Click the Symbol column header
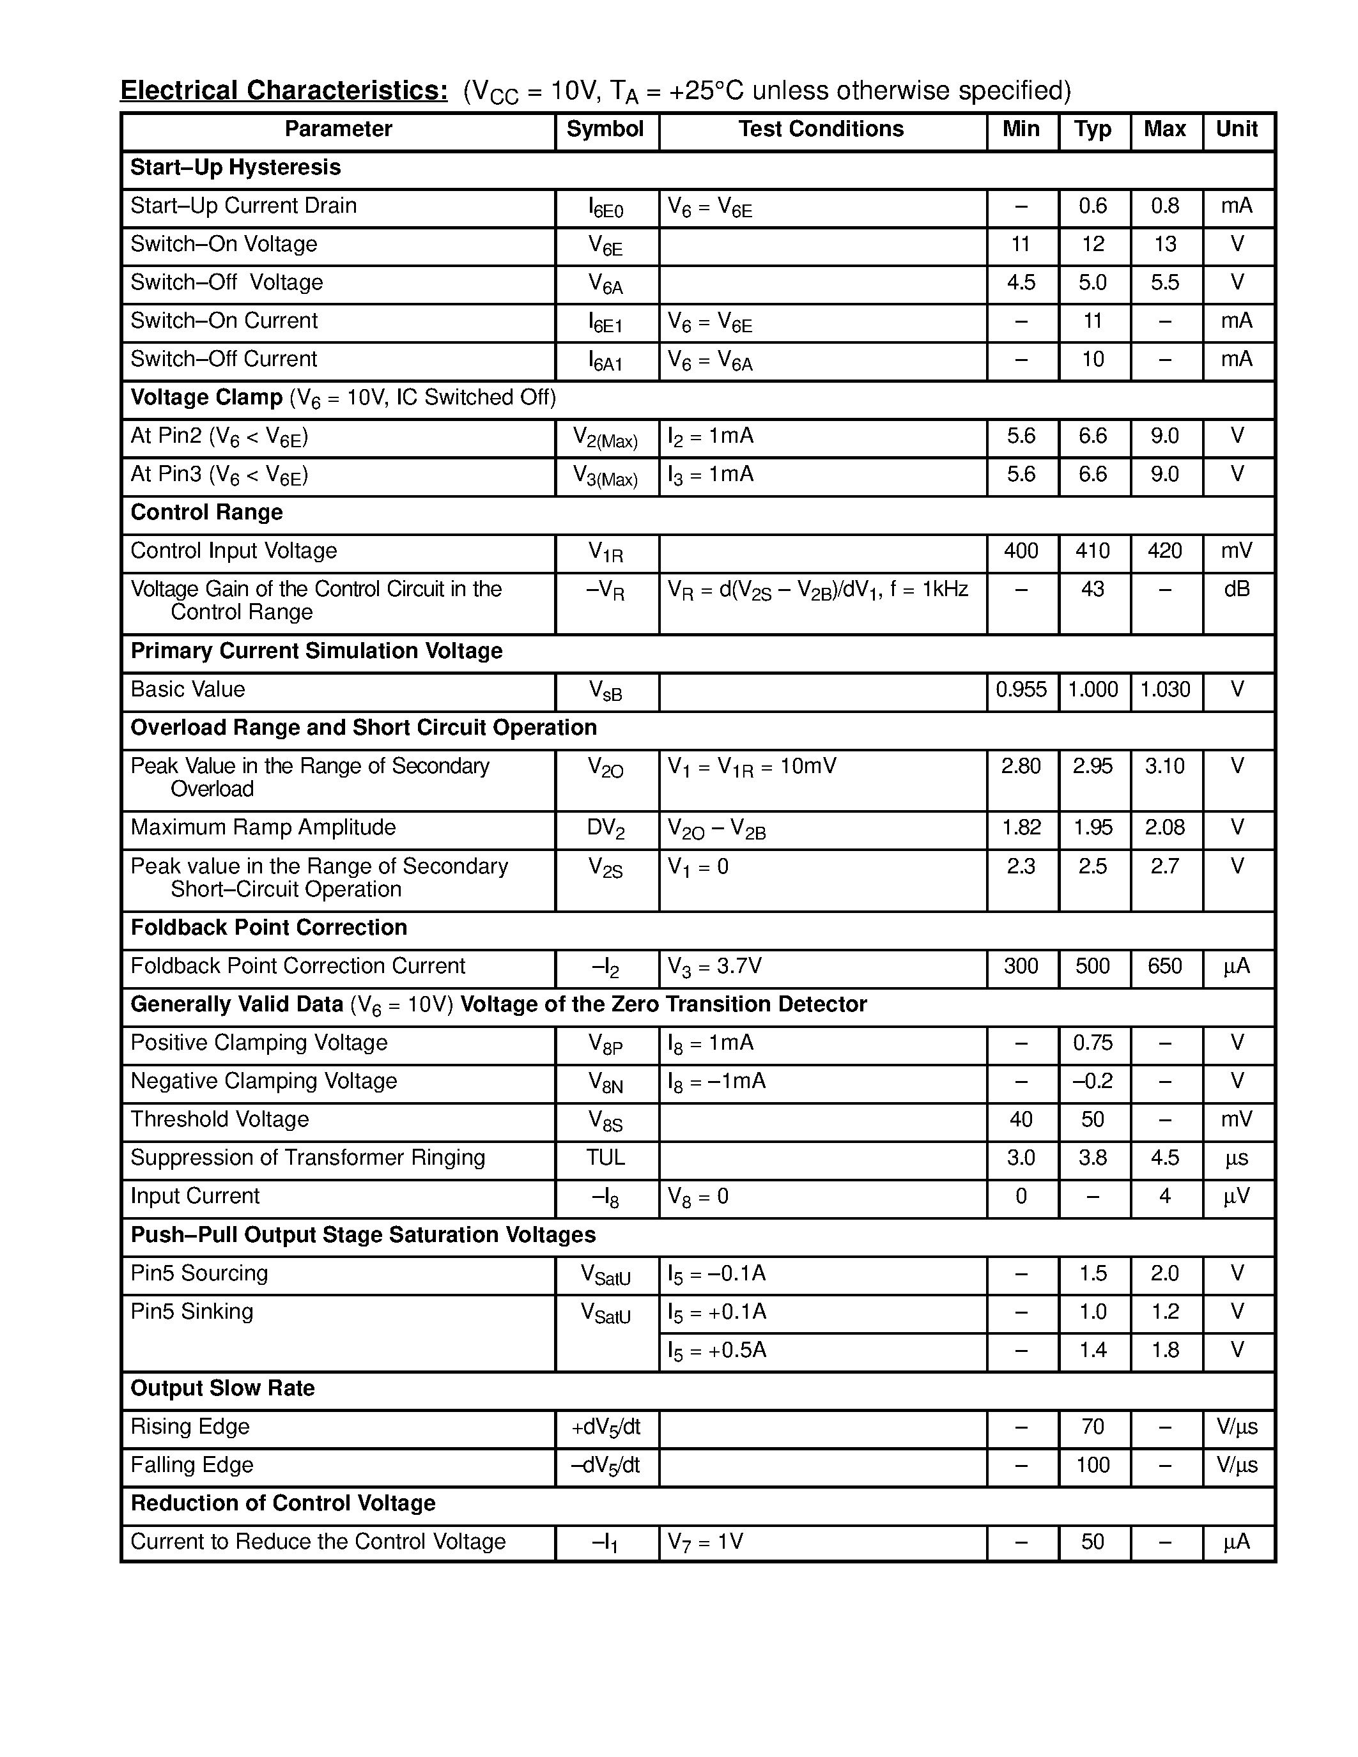tap(605, 130)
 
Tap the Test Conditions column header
tap(821, 130)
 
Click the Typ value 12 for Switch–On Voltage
tap(1093, 245)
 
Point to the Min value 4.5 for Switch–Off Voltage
tap(1021, 282)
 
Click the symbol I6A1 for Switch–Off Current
tap(605, 361)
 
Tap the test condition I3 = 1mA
tap(711, 475)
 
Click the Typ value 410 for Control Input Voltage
tap(1093, 551)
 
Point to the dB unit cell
tap(1237, 590)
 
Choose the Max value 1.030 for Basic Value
tap(1164, 689)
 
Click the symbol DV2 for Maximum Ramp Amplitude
tap(605, 829)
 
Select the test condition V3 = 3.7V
tap(714, 966)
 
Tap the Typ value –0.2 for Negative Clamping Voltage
tap(1093, 1081)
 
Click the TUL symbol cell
tap(605, 1158)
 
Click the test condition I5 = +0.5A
tap(717, 1350)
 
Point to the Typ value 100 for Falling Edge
tap(1093, 1465)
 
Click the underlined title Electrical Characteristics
tap(283, 91)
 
